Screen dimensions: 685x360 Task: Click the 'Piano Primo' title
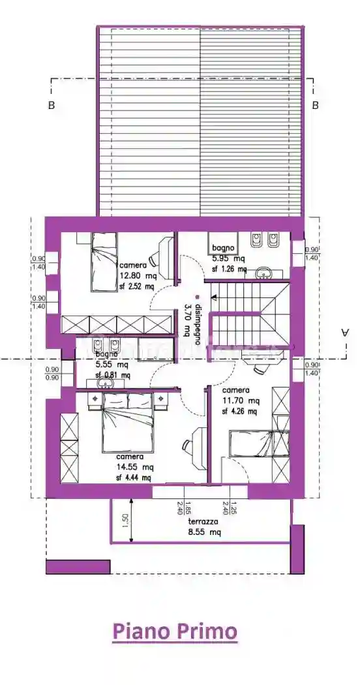(x=174, y=632)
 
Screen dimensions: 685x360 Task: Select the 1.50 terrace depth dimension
(x=125, y=522)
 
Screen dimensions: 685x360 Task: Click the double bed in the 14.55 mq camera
(x=128, y=427)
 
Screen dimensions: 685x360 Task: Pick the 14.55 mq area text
(x=135, y=467)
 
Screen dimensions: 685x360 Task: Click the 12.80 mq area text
(x=137, y=275)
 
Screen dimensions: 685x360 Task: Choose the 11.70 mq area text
(x=241, y=401)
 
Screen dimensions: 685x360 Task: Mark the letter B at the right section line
(x=315, y=104)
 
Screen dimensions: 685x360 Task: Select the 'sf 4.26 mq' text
(x=239, y=411)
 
